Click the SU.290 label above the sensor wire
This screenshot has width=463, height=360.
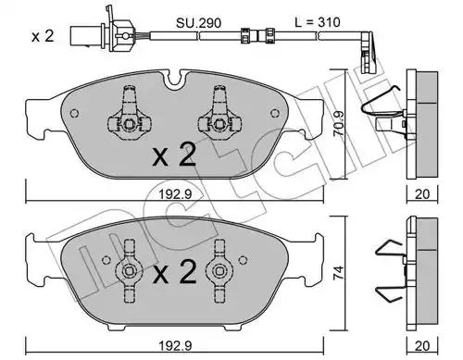click(198, 23)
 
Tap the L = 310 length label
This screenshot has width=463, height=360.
click(318, 22)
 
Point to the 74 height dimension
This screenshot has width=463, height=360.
click(339, 273)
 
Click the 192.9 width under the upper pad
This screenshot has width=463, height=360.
click(175, 194)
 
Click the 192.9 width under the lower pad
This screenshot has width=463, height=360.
click(175, 346)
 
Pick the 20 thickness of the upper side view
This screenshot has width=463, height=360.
click(422, 194)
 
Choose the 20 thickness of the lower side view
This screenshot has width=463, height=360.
click(422, 346)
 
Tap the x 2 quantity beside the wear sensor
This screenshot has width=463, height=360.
click(43, 36)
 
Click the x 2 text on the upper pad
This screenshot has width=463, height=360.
click(174, 156)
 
